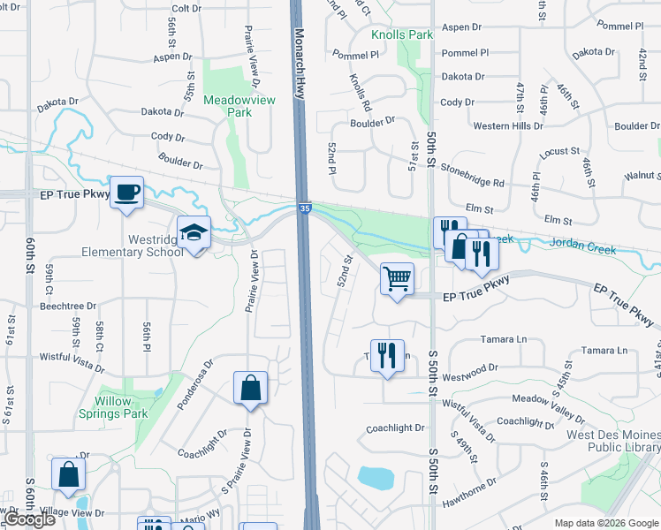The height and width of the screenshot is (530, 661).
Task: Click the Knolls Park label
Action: pos(402,34)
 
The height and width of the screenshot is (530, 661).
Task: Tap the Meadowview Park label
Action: pos(239,106)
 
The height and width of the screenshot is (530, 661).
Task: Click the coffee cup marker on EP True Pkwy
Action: pos(127,193)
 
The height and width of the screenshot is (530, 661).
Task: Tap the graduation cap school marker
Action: pos(194,233)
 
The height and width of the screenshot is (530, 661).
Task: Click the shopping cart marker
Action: pos(397,279)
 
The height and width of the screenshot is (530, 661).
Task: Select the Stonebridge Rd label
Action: pos(472,175)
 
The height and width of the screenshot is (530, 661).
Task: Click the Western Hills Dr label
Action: pos(508,125)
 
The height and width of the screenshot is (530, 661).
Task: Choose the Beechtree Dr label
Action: pos(68,307)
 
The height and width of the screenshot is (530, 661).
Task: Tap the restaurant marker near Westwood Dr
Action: pos(387,356)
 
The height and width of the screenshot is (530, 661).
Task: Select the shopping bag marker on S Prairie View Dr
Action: pos(251,388)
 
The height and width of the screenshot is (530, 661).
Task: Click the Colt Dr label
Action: pos(186,8)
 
